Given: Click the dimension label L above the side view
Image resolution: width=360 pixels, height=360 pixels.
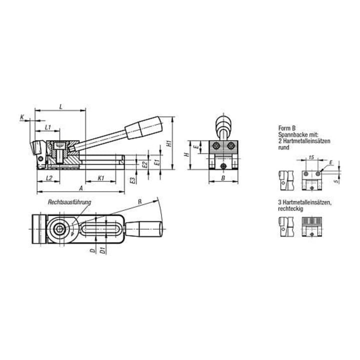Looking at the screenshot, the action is tap(61, 106).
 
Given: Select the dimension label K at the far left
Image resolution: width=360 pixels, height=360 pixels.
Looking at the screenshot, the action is tap(22, 117).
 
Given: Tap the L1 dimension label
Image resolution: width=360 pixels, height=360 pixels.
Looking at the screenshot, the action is tap(48, 127).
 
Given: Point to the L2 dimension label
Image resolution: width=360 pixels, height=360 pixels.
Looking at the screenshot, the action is tap(49, 178).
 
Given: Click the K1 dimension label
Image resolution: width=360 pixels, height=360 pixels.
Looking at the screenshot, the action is tap(101, 178).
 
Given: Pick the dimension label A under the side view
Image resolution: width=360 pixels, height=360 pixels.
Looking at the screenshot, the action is tap(81, 188).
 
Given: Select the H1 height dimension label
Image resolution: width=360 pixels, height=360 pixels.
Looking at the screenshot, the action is tap(169, 143).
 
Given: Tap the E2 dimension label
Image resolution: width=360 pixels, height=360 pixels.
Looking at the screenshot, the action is tap(144, 164).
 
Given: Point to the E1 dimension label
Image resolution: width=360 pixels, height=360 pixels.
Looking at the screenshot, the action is tap(157, 162).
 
